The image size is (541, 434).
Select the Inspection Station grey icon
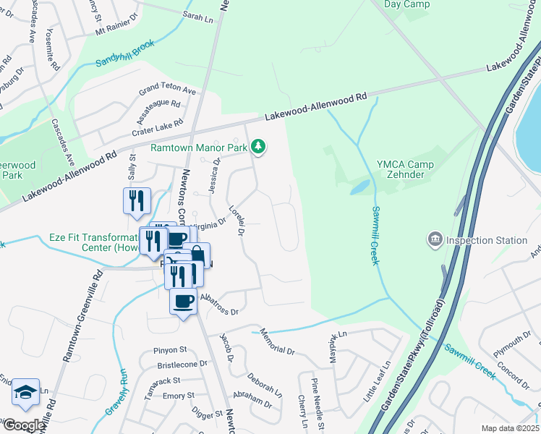[x=435, y=239]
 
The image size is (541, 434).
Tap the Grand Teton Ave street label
[x=168, y=90]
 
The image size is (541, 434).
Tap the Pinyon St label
[x=170, y=350]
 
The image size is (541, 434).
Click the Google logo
[x=23, y=425]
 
